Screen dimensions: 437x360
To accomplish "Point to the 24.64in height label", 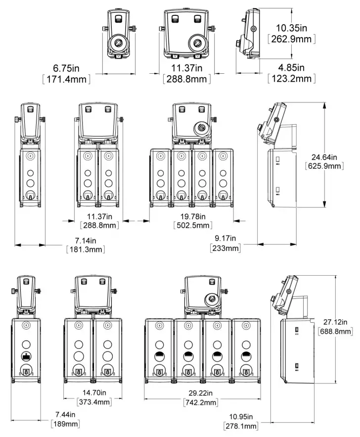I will click(325, 157).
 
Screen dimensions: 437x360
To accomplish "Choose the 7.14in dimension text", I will click(85, 240).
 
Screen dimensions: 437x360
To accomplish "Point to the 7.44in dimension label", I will click(65, 414).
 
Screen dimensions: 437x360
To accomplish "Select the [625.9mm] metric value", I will click(325, 166).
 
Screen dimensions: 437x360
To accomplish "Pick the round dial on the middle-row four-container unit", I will click(202, 128).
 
